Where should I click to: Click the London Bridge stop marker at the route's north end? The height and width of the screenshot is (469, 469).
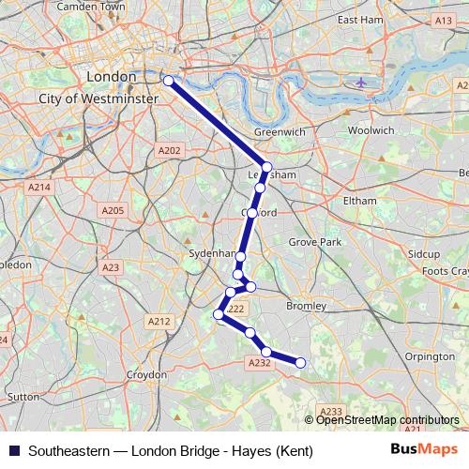(x=168, y=81)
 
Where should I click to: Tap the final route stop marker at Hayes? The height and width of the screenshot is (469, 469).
(x=301, y=363)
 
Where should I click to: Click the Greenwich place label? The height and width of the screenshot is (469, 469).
(x=280, y=132)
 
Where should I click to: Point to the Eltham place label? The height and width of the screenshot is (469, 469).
(x=359, y=201)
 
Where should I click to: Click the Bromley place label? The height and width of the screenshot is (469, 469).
(x=306, y=306)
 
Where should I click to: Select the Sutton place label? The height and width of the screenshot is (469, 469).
(x=23, y=397)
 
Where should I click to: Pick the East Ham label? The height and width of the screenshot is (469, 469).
(x=360, y=19)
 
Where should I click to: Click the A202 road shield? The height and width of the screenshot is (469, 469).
(x=170, y=150)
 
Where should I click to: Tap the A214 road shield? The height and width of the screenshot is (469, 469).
(x=38, y=188)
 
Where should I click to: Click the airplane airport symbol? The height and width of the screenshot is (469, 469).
(x=361, y=82)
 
